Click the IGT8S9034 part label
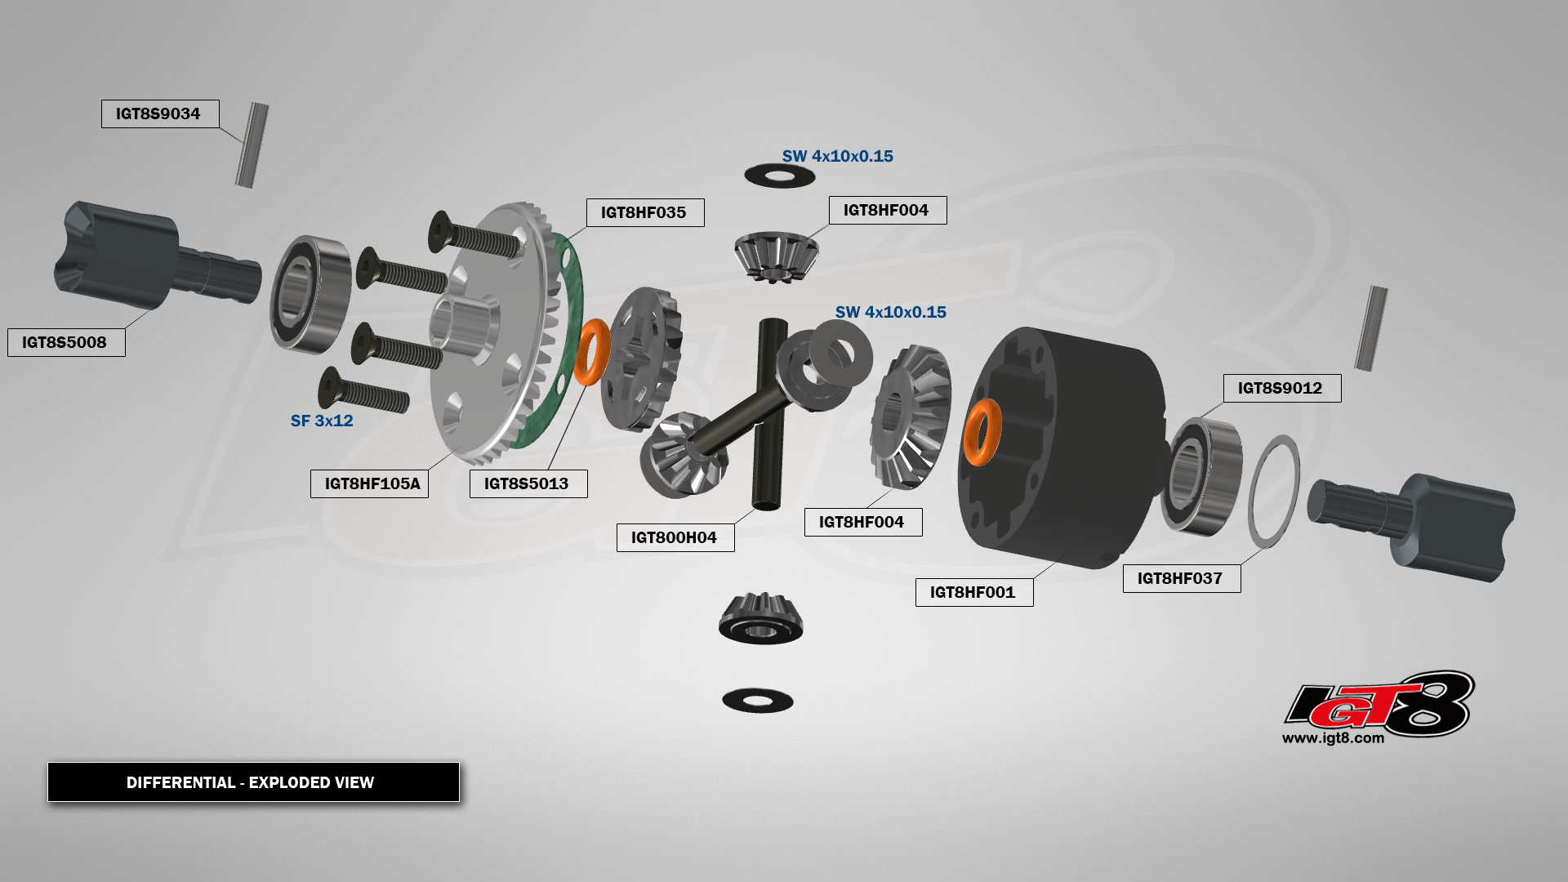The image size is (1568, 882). (x=159, y=114)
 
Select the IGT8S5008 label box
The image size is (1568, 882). (x=66, y=342)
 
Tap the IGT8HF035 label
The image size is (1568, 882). (x=644, y=213)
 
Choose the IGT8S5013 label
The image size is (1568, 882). (x=528, y=483)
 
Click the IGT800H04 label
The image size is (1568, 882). (x=675, y=537)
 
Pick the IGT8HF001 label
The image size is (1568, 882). (x=973, y=592)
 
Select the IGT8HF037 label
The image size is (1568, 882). (x=1181, y=578)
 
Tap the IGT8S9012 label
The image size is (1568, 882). (x=1281, y=388)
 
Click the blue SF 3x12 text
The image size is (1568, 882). (x=322, y=421)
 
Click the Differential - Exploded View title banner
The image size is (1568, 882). (x=253, y=782)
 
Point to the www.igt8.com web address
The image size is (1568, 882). (x=1333, y=738)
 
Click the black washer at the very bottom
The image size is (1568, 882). (x=758, y=700)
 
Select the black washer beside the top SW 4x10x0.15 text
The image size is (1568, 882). (x=780, y=176)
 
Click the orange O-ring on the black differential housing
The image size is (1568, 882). (x=982, y=432)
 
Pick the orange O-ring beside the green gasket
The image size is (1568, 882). (x=591, y=352)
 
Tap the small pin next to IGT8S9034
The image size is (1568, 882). (x=252, y=145)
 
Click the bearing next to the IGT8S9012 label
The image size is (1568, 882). (x=1201, y=476)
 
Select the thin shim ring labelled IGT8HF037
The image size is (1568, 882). (x=1274, y=491)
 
